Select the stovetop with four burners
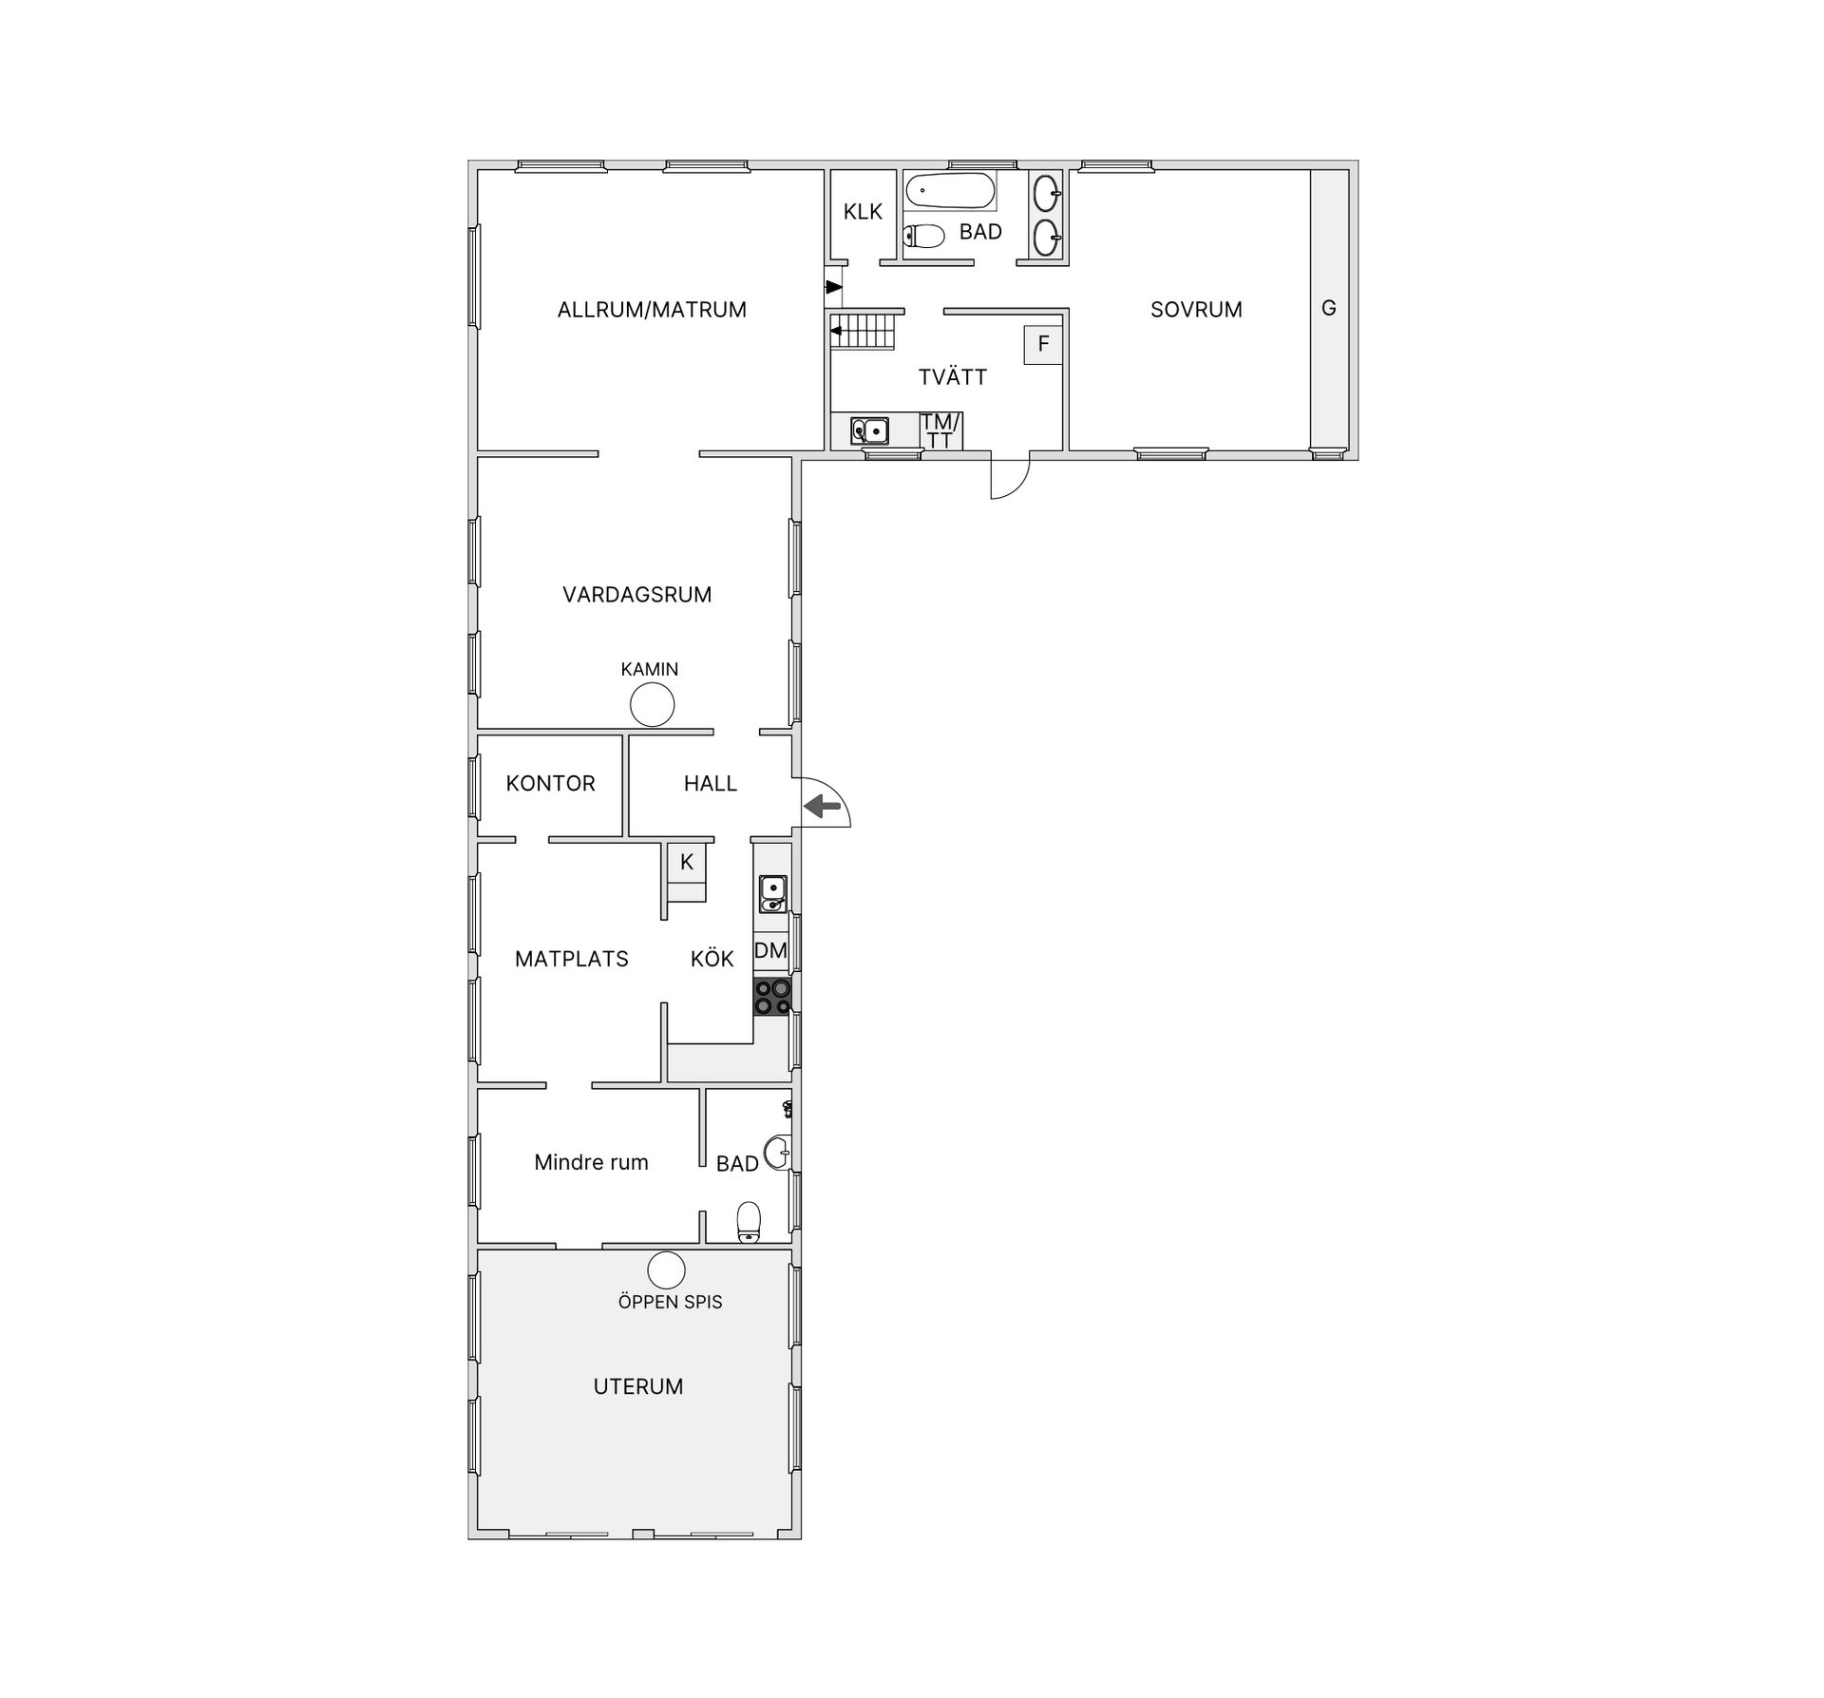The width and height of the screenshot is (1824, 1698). [x=772, y=996]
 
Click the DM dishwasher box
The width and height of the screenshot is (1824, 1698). [x=771, y=950]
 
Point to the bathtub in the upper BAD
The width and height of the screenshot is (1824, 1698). [x=950, y=190]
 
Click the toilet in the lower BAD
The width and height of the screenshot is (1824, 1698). [x=749, y=1222]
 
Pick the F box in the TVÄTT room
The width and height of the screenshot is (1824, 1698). [x=1042, y=344]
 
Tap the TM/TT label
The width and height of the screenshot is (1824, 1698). [x=940, y=430]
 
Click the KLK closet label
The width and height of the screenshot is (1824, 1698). [x=863, y=212]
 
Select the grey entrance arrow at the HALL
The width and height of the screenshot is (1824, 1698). [x=823, y=807]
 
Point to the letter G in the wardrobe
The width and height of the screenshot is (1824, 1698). [x=1329, y=308]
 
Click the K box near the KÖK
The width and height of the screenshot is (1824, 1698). [x=686, y=863]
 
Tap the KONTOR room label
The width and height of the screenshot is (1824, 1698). [x=550, y=783]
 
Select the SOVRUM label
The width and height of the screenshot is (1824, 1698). [x=1196, y=309]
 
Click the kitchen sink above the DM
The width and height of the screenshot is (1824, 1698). [x=772, y=893]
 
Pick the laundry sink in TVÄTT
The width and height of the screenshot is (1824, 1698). [x=869, y=430]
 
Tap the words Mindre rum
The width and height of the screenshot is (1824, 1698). [x=591, y=1162]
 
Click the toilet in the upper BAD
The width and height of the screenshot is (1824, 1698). [x=923, y=236]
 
